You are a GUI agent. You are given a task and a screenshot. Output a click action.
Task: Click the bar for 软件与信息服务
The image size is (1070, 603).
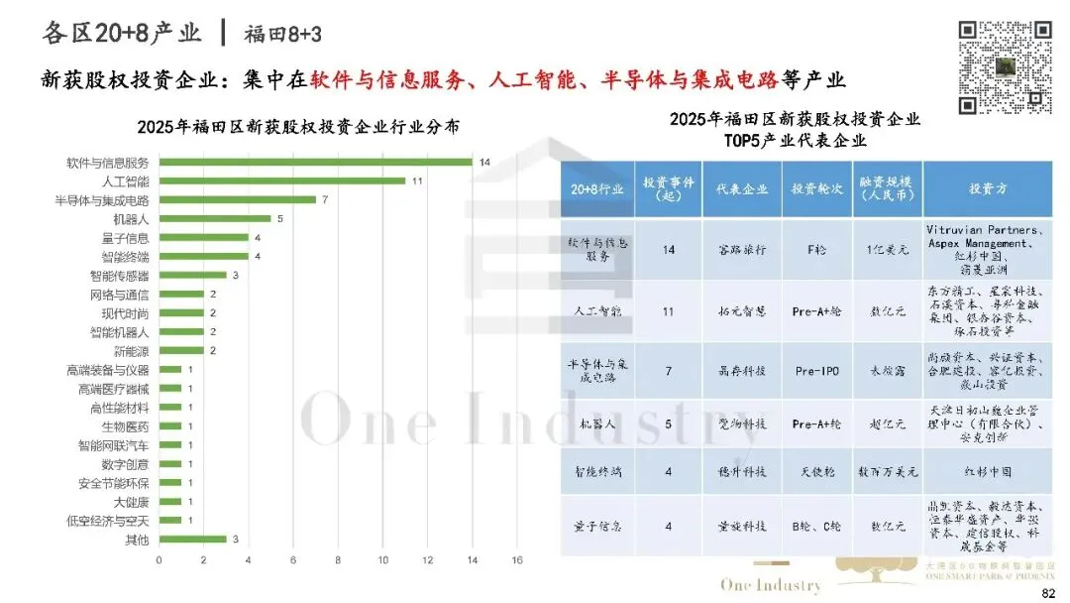315,162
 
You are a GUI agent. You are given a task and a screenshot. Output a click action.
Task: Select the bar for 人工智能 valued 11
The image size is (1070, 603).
282,181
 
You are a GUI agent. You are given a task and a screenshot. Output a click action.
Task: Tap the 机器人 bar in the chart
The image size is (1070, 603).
214,218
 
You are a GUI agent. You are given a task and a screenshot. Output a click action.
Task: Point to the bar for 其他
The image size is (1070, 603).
192,539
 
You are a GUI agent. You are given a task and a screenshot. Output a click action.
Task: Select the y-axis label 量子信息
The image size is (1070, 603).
125,237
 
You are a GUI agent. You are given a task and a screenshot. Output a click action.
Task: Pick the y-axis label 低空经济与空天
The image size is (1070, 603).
109,520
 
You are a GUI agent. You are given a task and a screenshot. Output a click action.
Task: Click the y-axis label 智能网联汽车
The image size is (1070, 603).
114,444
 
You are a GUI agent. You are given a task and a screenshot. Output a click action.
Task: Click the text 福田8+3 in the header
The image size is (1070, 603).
283,34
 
